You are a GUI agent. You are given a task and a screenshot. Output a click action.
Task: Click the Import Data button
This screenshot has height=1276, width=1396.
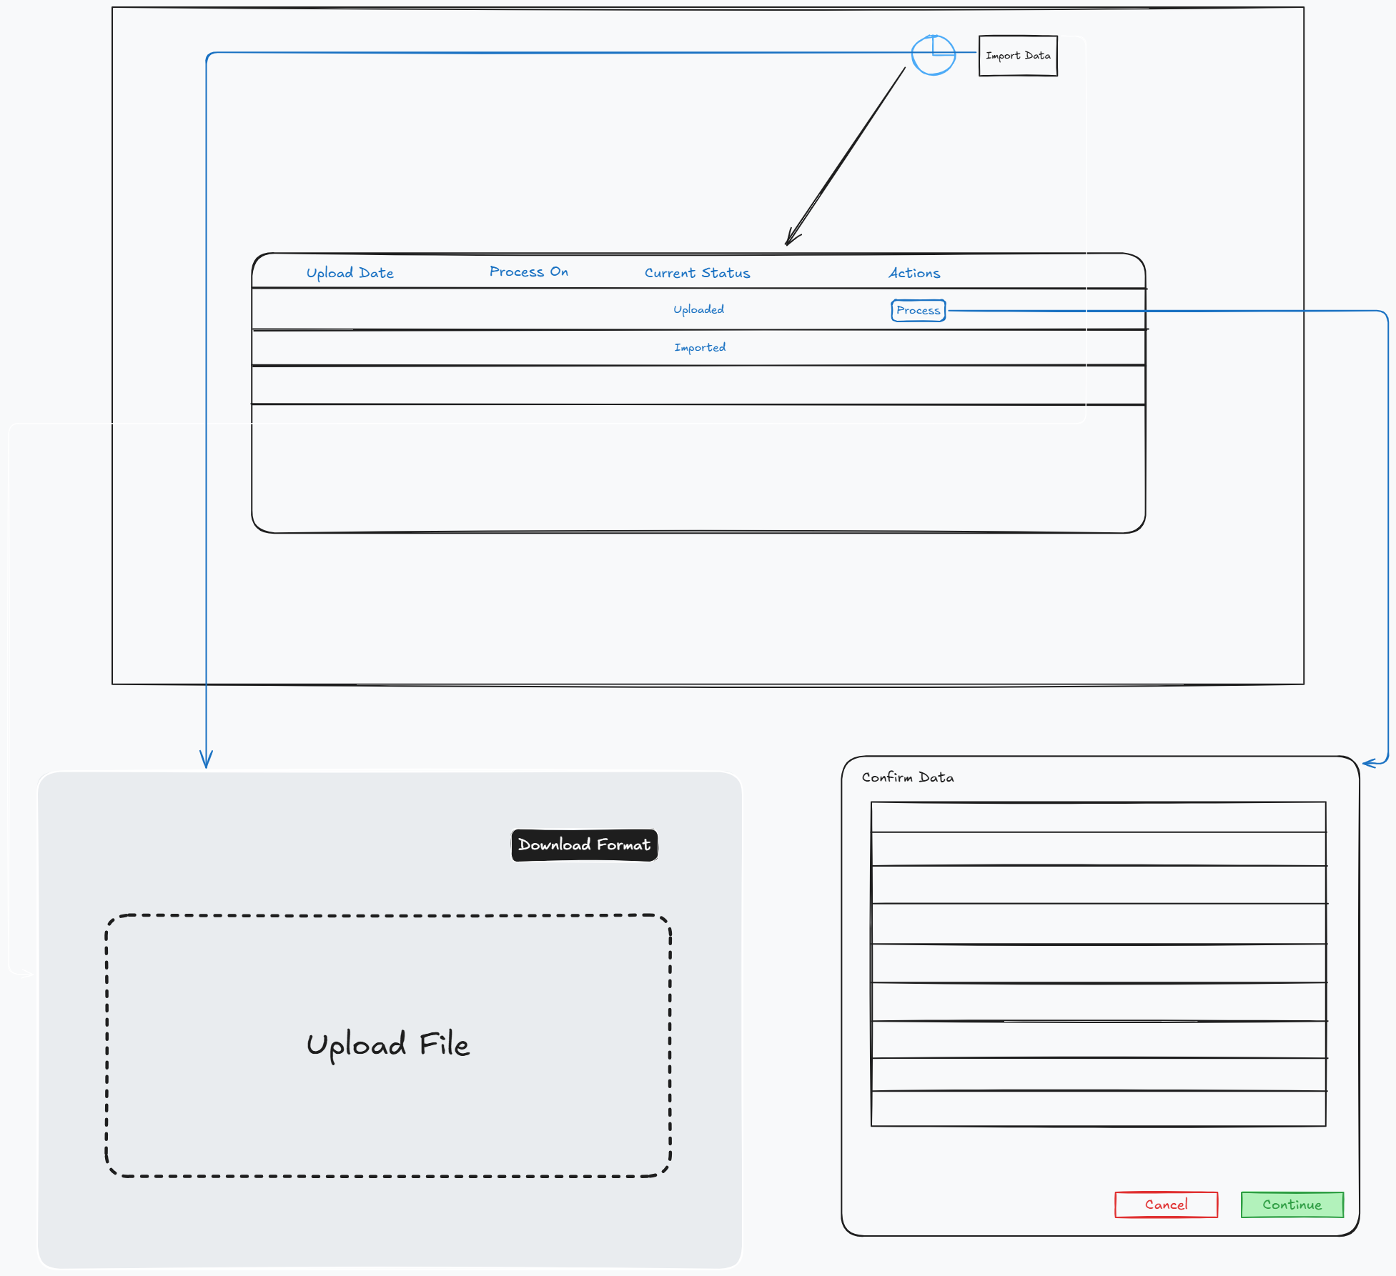[1017, 56]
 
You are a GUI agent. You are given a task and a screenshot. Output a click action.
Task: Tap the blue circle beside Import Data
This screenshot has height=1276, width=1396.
[933, 56]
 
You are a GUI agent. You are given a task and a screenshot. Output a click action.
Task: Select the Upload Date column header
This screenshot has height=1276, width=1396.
[350, 273]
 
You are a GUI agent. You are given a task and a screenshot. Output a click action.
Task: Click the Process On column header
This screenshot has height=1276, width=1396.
[528, 271]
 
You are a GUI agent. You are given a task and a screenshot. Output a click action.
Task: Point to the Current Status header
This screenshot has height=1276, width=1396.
[697, 273]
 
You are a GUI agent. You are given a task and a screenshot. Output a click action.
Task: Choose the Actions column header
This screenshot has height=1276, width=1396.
[914, 273]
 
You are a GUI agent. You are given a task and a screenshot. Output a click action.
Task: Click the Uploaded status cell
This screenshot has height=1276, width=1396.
[698, 309]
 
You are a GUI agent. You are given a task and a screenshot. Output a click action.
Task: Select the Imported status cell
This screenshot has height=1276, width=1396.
[699, 347]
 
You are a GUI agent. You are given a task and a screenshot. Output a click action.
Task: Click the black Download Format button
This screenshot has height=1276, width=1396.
[584, 845]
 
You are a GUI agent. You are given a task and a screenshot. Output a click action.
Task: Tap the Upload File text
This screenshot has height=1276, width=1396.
[387, 1045]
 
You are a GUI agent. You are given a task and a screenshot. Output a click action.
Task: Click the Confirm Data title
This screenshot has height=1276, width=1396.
[907, 777]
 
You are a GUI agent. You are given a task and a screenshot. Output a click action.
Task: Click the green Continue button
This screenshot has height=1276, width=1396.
[1292, 1205]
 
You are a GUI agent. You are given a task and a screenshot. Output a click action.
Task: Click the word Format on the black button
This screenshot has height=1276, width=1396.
[623, 845]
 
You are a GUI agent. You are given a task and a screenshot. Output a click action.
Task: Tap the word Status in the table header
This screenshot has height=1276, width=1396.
[726, 273]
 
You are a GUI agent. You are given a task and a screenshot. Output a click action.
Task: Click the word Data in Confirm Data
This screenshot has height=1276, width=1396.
[936, 777]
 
